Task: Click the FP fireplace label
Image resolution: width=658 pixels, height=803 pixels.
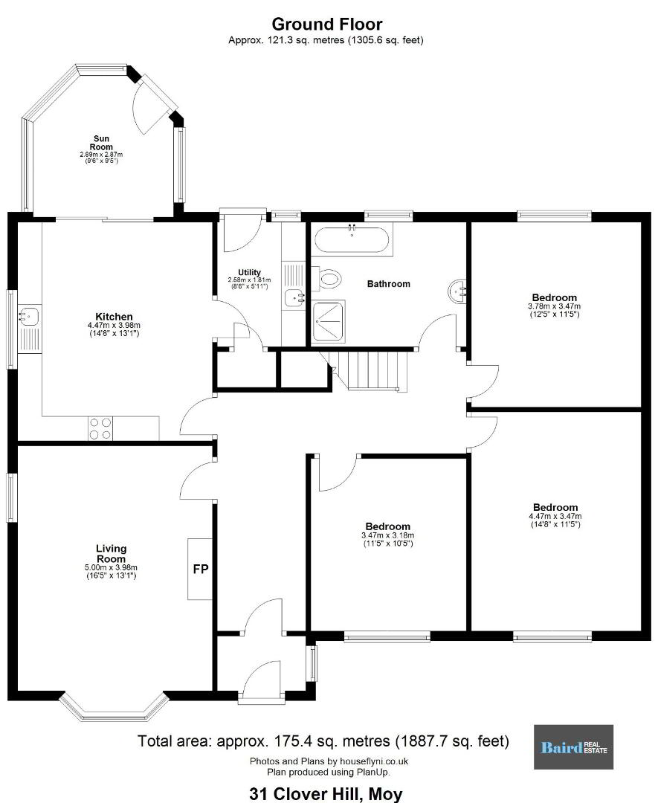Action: click(200, 569)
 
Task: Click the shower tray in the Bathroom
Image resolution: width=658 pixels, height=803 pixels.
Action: click(328, 322)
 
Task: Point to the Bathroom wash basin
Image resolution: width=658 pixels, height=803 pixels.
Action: click(457, 291)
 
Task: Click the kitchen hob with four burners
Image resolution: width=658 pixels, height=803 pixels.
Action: click(100, 428)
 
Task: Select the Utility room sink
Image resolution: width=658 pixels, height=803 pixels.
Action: click(294, 296)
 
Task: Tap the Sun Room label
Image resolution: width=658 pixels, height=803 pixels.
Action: click(101, 142)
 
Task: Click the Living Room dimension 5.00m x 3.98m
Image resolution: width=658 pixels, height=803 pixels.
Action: click(111, 567)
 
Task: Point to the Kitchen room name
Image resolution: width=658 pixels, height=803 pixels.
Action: click(114, 317)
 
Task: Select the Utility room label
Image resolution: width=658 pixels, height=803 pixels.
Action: click(249, 272)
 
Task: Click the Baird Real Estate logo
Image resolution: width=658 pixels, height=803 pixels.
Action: click(573, 746)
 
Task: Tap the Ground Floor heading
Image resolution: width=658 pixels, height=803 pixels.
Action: click(326, 24)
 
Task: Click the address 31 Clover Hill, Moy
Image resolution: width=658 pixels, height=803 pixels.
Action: click(326, 794)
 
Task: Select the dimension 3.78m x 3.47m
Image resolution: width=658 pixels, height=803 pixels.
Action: click(555, 306)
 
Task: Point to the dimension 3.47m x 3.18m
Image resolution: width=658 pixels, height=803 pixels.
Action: click(387, 535)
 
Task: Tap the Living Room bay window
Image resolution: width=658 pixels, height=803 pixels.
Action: click(114, 709)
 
